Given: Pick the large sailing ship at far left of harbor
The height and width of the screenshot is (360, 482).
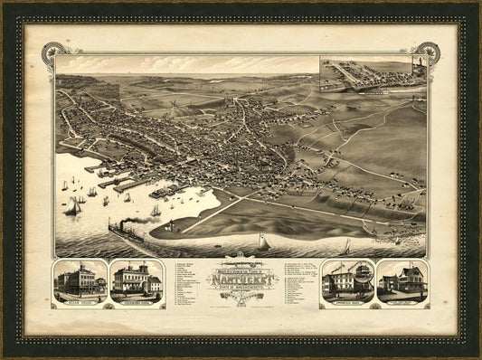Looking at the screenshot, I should pos(71,205).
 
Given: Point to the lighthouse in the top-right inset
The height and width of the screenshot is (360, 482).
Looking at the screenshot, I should pos(418,69).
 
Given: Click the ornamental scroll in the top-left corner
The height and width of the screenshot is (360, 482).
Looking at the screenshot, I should pos(51,52).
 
